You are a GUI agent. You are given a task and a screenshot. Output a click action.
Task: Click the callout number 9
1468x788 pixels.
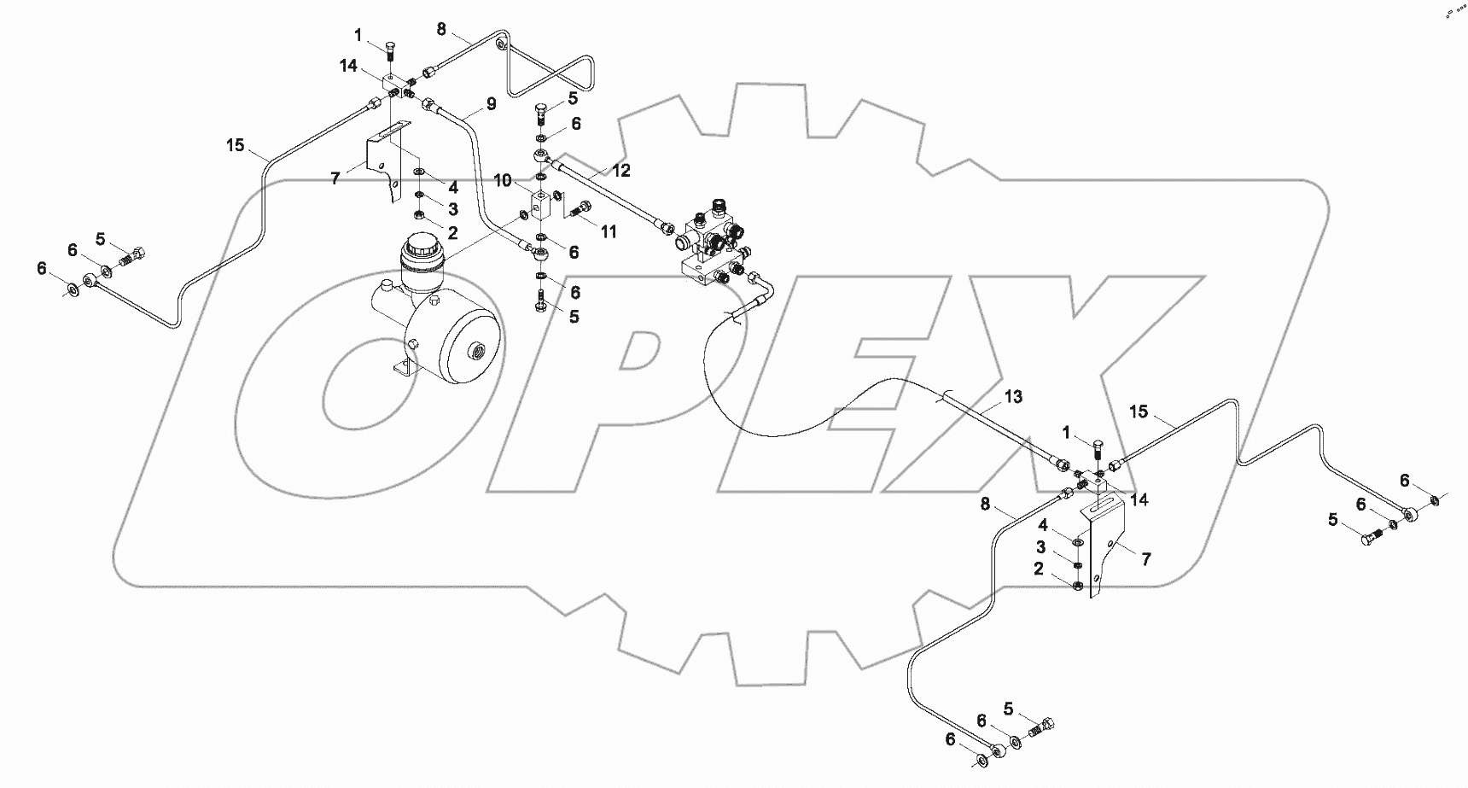(x=491, y=104)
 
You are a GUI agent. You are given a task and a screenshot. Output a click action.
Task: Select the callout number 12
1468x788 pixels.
(x=620, y=171)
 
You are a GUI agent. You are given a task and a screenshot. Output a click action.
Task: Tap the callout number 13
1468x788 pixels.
(x=1013, y=397)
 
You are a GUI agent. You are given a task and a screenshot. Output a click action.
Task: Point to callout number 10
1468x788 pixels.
(x=504, y=181)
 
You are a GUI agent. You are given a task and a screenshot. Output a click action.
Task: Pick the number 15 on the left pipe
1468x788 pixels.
(x=236, y=146)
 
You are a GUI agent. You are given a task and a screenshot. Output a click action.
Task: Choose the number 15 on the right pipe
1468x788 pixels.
(x=1139, y=412)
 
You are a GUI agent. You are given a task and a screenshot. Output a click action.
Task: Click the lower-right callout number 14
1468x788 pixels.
(x=1139, y=499)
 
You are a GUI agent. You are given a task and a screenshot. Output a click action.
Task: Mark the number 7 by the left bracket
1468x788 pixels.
(x=335, y=178)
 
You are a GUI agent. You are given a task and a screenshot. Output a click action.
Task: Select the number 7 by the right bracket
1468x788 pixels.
(x=1146, y=559)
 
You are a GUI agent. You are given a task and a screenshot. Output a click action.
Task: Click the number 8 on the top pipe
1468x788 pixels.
(x=441, y=29)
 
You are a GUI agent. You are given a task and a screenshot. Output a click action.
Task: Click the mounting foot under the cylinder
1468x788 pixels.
(x=402, y=372)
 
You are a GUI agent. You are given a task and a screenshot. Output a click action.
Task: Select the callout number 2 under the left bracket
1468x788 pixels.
(x=453, y=232)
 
